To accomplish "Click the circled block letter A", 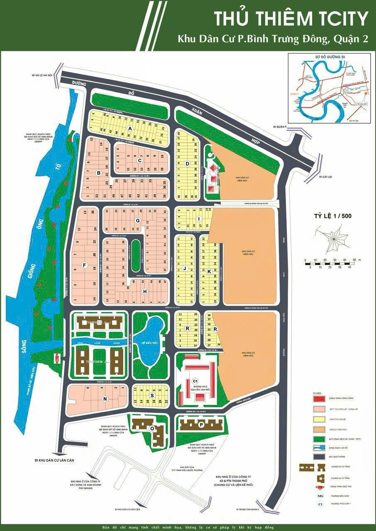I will (x=130, y=129).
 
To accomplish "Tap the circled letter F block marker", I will (x=85, y=265).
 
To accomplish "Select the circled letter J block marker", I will (x=184, y=268).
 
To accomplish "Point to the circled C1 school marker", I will (x=195, y=381).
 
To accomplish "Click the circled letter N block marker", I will (x=105, y=399).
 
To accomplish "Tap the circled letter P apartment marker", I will (x=201, y=424).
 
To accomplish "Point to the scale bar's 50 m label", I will (x=356, y=259).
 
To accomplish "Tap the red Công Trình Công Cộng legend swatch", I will (x=319, y=398).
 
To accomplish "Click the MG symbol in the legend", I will (x=320, y=496).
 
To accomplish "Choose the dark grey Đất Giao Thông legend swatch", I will (x=319, y=456).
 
